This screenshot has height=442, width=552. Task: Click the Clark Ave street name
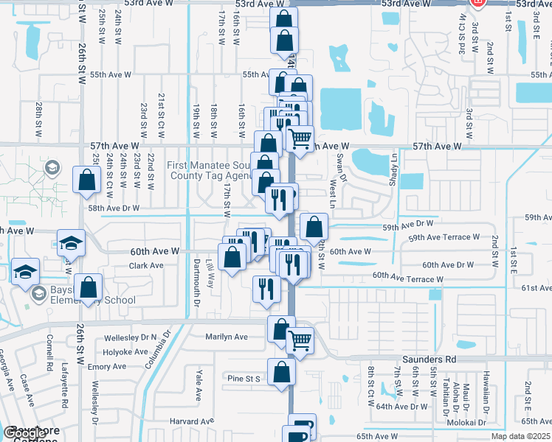(145, 265)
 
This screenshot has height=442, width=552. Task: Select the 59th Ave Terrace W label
(444, 237)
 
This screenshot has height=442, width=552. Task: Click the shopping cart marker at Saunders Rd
(300, 340)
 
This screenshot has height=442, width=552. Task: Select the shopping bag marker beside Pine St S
(281, 373)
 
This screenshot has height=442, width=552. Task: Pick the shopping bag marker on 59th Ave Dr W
(314, 227)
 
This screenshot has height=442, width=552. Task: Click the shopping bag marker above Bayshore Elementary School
(88, 287)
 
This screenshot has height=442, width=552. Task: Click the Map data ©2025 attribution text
(520, 436)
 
